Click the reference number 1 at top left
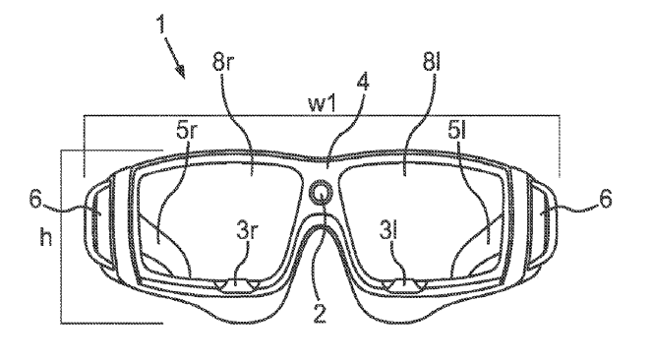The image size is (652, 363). point(161,25)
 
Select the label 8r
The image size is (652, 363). point(223,62)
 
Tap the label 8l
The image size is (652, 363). point(431,62)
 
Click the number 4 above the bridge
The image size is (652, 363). point(362,82)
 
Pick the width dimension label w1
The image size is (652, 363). point(322,103)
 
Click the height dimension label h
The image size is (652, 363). point(46,236)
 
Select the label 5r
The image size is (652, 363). point(186,130)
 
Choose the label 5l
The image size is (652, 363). point(456,131)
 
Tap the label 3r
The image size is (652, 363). point(246,229)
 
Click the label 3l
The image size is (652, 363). point(388,230)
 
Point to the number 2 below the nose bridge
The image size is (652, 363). point(320,313)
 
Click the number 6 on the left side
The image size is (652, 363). point(35,199)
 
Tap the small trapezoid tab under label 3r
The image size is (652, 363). point(237,285)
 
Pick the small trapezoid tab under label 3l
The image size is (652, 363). point(405,285)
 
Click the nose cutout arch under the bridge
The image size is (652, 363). point(321,225)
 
